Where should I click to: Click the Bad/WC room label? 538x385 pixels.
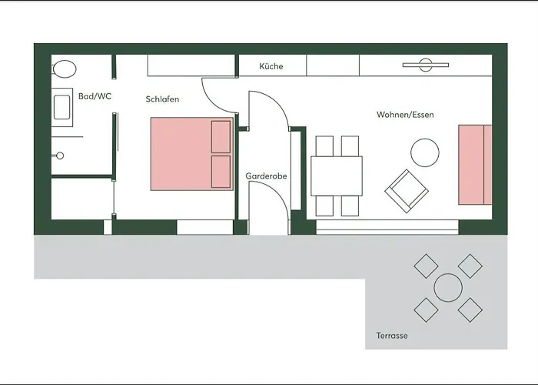[95, 96]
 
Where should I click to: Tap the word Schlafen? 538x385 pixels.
[162, 99]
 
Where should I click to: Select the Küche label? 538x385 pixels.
[271, 66]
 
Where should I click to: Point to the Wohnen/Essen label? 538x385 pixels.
[405, 115]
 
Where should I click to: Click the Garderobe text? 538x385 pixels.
[266, 176]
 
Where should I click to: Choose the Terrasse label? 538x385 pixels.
[392, 336]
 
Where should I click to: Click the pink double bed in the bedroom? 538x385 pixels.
[192, 154]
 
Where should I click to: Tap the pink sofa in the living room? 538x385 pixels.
[475, 165]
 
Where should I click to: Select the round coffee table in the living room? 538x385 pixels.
[425, 152]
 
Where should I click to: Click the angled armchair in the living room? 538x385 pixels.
[407, 191]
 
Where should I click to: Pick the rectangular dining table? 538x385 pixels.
[337, 176]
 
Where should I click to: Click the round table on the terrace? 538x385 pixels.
[448, 288]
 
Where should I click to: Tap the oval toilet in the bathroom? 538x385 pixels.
[65, 69]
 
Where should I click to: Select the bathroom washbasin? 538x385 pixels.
[62, 107]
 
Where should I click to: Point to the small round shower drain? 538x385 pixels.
[60, 156]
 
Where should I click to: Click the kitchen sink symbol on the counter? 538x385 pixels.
[426, 65]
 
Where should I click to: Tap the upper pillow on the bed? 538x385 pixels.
[221, 136]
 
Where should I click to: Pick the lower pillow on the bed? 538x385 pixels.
[221, 172]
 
